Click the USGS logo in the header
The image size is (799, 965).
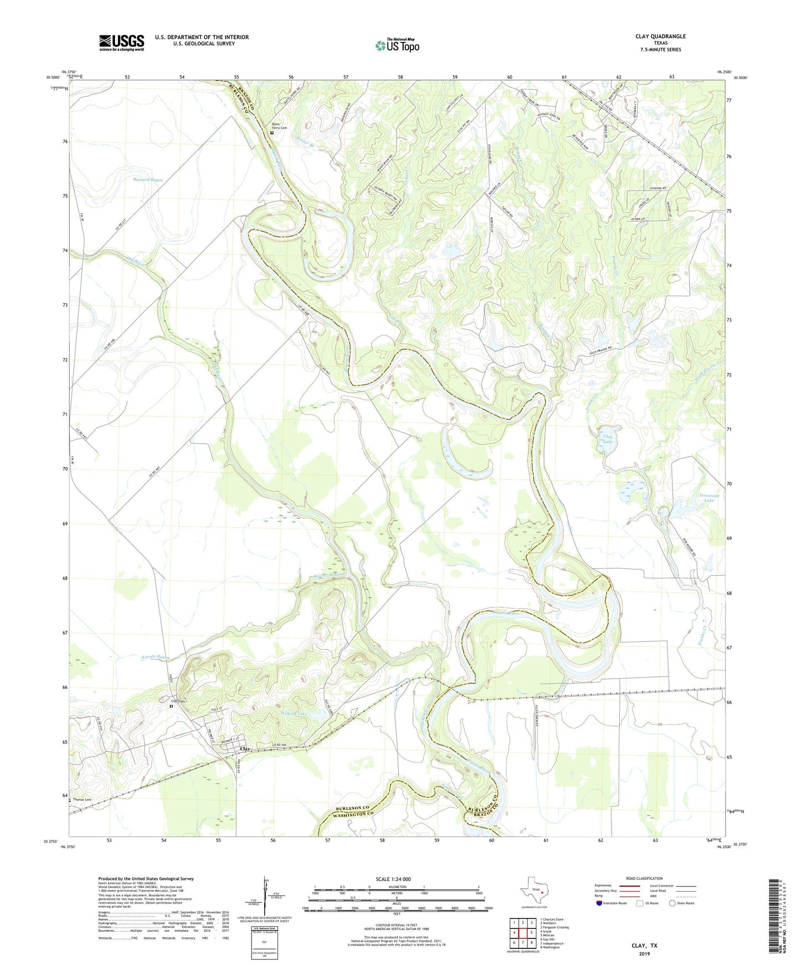pyautogui.click(x=122, y=43)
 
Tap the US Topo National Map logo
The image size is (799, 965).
pyautogui.click(x=397, y=45)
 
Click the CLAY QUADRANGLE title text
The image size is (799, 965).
pyautogui.click(x=660, y=36)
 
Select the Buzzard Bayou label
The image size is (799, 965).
pyautogui.click(x=148, y=180)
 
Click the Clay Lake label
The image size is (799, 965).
pyautogui.click(x=607, y=439)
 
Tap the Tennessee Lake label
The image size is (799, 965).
pyautogui.click(x=708, y=497)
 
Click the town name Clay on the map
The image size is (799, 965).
pyautogui.click(x=246, y=749)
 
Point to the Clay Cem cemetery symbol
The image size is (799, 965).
pyautogui.click(x=171, y=706)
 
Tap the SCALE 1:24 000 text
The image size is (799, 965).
pyautogui.click(x=393, y=879)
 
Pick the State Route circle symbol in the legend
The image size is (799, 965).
pyautogui.click(x=672, y=903)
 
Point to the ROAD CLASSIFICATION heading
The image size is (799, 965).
pyautogui.click(x=644, y=878)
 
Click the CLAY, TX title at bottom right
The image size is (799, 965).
pyautogui.click(x=644, y=946)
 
